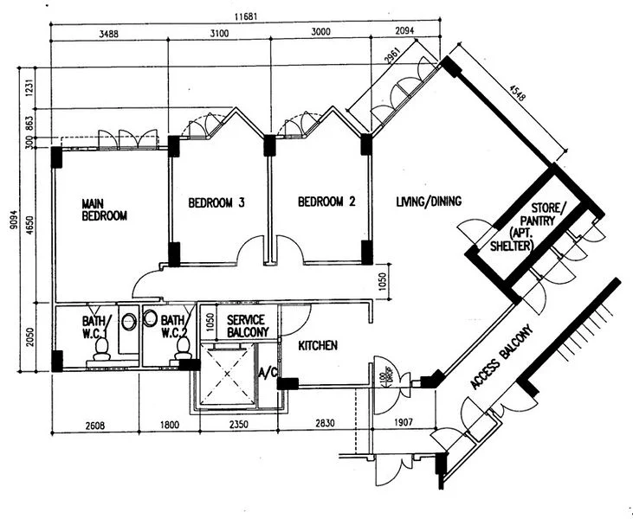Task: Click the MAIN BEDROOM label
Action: pos(104,209)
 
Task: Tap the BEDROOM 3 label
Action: pos(216,203)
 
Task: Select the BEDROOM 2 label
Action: pos(326,203)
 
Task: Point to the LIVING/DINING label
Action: pos(428,202)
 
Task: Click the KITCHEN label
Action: pos(318,345)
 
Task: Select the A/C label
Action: pos(267,373)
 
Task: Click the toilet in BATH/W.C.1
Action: pos(101,347)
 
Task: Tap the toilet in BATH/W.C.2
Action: pos(183,347)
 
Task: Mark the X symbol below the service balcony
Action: pos(227,374)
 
